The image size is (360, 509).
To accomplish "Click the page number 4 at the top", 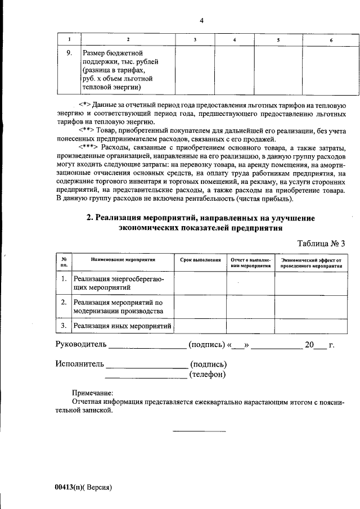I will [201, 21].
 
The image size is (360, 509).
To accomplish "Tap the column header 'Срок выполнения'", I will [200, 260].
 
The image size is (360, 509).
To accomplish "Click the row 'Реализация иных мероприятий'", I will [122, 326].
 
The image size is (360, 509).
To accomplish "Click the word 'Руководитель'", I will [80, 345].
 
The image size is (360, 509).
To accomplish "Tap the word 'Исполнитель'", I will [79, 364].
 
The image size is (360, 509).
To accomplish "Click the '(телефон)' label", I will [209, 373].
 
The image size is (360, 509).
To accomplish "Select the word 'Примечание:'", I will [93, 393].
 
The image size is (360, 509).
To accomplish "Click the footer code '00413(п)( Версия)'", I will [84, 487].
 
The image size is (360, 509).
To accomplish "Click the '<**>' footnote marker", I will [87, 131].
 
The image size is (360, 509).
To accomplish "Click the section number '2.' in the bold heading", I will [89, 218].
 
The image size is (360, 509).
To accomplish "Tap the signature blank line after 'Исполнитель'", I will [146, 365].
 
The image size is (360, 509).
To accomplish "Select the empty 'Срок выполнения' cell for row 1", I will [200, 282].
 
